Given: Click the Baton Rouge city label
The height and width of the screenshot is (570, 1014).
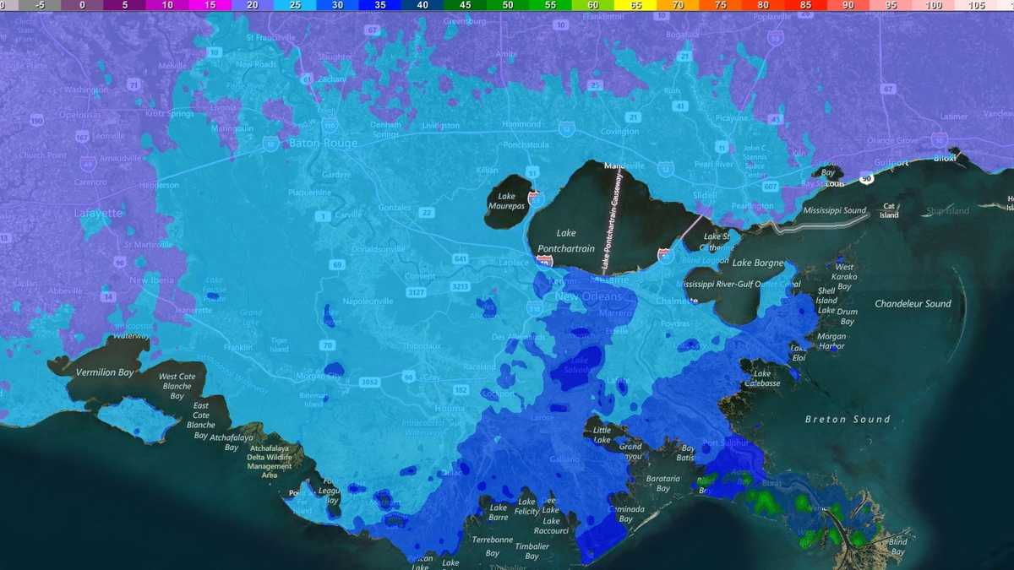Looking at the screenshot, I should (x=323, y=144).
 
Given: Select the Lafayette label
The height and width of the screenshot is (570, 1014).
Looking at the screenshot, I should (x=97, y=214).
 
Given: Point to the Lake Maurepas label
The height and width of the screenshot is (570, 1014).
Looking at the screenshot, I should (x=506, y=202).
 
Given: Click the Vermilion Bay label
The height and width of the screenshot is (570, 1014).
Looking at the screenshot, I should (x=105, y=372).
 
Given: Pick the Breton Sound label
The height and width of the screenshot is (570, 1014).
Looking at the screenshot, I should (x=848, y=419).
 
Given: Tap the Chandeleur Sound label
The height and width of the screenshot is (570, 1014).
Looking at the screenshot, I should (x=913, y=304).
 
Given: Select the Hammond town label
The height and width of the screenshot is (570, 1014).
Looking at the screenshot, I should (x=521, y=124).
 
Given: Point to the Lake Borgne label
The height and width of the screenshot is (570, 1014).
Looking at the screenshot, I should (x=757, y=263).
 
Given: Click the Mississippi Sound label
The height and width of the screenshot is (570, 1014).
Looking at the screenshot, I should (x=834, y=210).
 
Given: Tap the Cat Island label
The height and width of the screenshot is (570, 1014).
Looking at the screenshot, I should (x=889, y=210).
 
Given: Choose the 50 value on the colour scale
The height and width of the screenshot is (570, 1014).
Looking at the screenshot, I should (x=507, y=5).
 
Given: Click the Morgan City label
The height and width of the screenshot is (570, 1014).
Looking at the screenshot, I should (x=318, y=377).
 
